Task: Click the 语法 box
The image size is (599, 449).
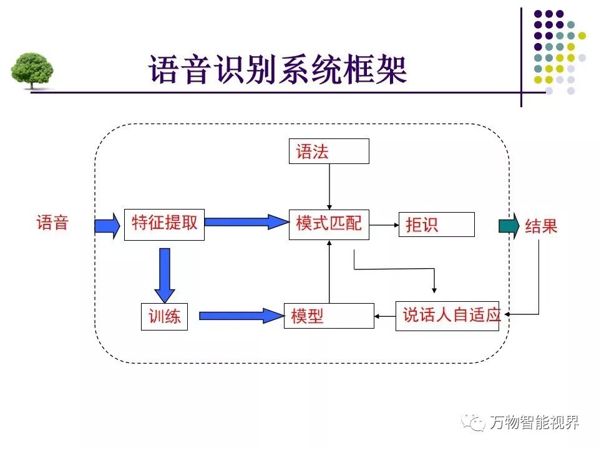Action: (x=328, y=152)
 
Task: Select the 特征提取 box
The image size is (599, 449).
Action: (x=164, y=224)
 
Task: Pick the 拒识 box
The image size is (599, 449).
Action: (x=436, y=224)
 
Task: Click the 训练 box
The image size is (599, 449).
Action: (x=164, y=316)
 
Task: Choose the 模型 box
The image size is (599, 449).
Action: (x=328, y=316)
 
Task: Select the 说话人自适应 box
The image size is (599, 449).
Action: (x=447, y=315)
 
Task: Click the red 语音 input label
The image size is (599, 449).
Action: (x=52, y=223)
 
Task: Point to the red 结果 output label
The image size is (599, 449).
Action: (x=541, y=226)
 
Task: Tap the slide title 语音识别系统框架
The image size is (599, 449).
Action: (x=278, y=69)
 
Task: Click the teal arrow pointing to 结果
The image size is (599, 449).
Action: (x=509, y=226)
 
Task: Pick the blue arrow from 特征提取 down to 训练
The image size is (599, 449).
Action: (x=165, y=274)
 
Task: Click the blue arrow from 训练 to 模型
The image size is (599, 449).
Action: (x=241, y=316)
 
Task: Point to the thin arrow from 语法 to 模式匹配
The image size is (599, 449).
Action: (x=329, y=187)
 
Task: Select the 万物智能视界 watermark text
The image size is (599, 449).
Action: (x=534, y=422)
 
